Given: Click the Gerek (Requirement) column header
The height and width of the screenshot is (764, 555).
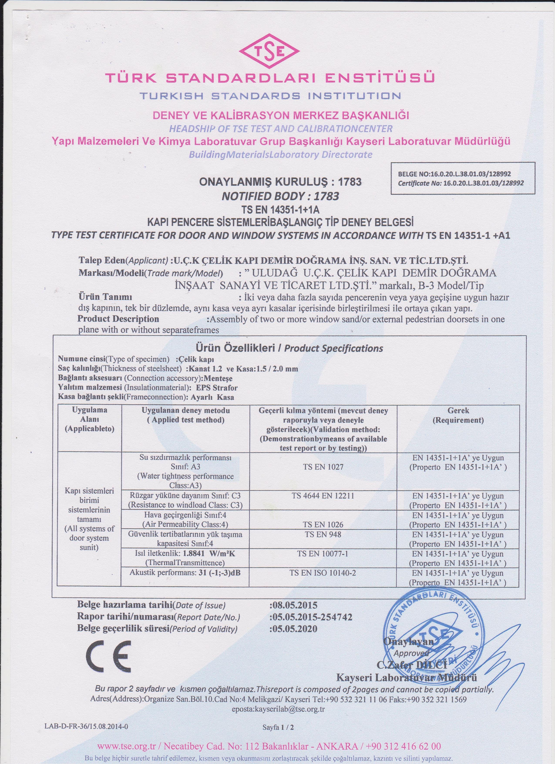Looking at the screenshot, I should (x=458, y=415).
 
